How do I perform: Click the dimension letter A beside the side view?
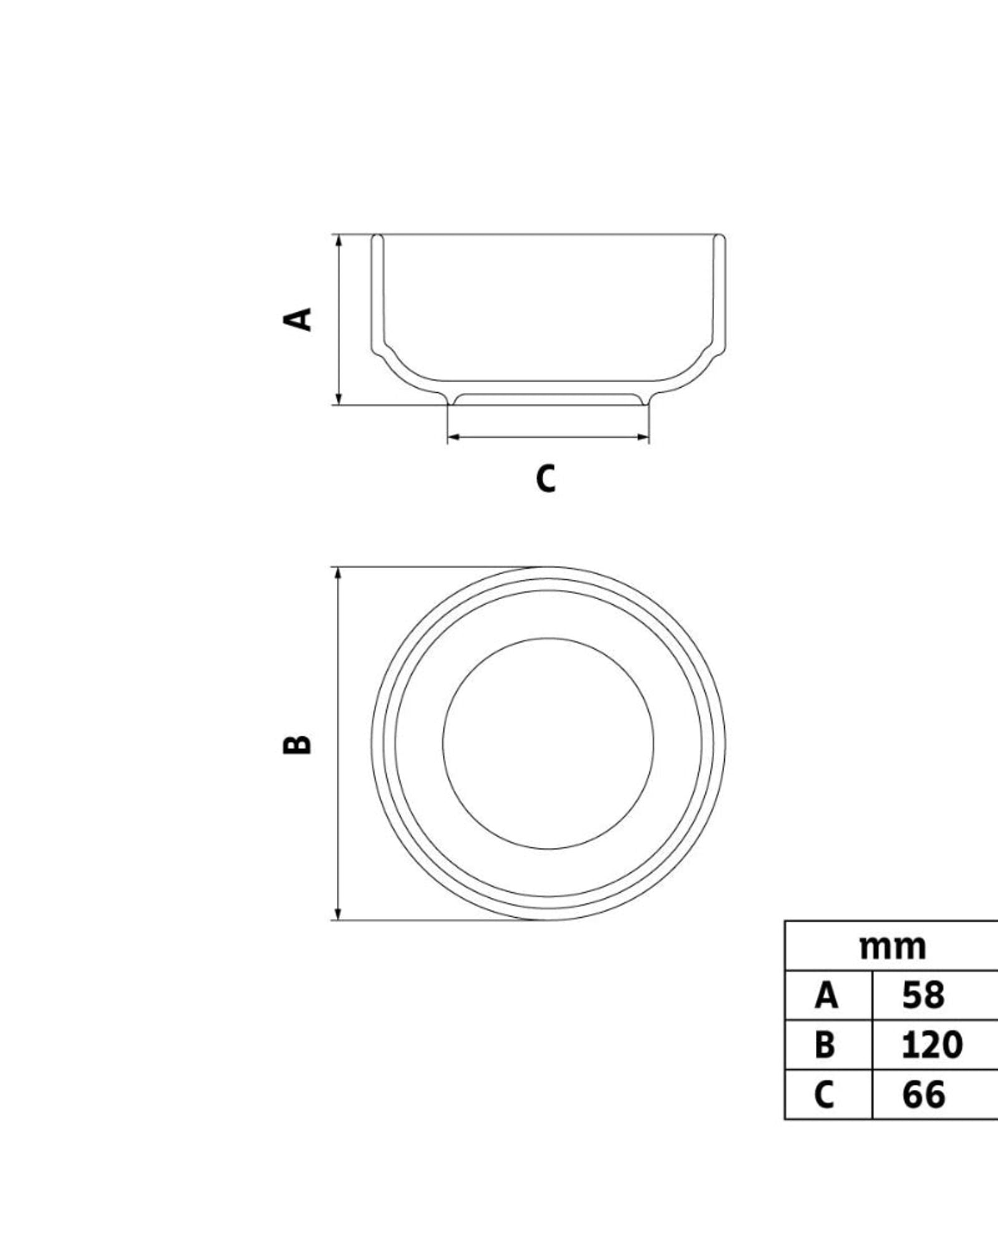(298, 319)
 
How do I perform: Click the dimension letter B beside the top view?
(298, 744)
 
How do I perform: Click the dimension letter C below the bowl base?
(545, 479)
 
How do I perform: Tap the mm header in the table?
(893, 948)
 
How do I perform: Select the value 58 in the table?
(923, 996)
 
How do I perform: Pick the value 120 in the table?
(932, 1046)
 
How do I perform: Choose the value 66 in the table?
(923, 1095)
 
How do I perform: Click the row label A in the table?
(826, 996)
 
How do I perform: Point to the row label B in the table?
(825, 1046)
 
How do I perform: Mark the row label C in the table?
(824, 1095)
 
